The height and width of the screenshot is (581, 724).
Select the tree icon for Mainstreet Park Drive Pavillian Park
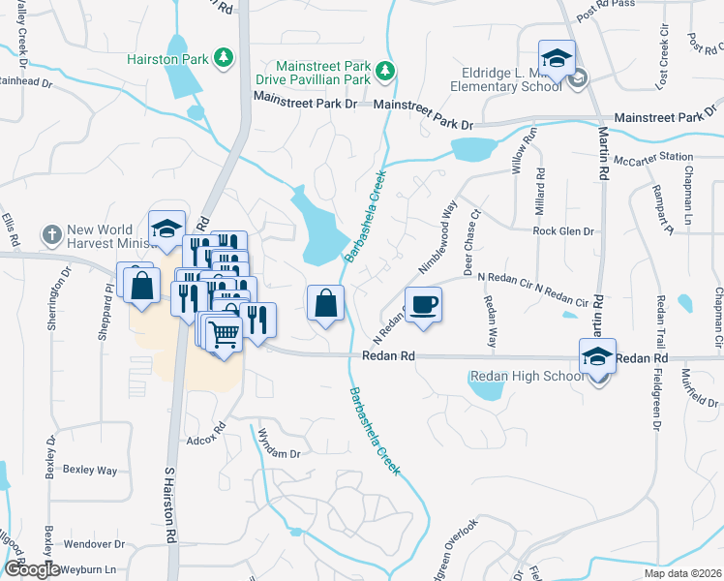[x=385, y=70]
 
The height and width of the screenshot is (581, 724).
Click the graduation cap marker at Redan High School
[x=597, y=356]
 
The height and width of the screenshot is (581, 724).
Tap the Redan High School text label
[x=527, y=377]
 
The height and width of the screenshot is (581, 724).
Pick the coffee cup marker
[x=423, y=304]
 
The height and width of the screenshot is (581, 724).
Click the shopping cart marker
[x=225, y=334]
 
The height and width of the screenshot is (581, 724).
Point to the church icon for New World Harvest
[x=51, y=234]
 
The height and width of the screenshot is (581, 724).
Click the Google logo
[x=31, y=569]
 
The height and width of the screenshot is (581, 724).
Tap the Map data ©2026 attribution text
[x=682, y=573]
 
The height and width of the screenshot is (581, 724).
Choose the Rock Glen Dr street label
[x=562, y=232]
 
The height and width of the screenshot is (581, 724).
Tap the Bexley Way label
[x=90, y=470]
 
